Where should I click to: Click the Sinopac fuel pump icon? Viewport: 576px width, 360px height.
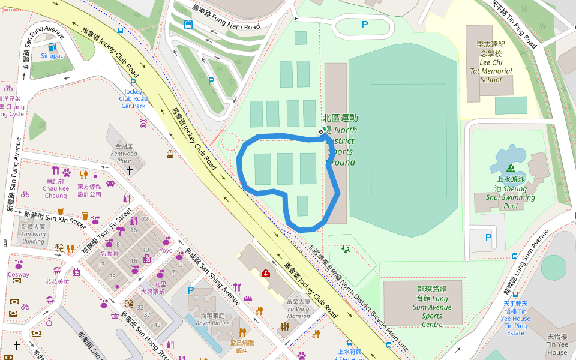point(51,46)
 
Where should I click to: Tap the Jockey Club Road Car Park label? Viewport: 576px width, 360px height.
point(133,98)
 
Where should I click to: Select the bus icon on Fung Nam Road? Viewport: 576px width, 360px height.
point(188,25)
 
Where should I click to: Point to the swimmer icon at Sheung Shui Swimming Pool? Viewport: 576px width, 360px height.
point(511,167)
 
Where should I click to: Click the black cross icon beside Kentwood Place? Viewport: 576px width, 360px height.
point(130,170)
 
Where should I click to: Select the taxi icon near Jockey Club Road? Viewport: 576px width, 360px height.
point(170,154)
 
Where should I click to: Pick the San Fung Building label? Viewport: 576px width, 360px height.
point(33,234)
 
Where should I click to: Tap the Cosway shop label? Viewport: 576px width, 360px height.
point(18,275)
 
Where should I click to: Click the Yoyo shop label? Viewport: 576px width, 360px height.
point(166,251)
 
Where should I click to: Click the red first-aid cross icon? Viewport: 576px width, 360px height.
point(265,273)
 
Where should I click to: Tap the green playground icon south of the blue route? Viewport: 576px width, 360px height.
point(345,248)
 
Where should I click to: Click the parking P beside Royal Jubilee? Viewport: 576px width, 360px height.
point(191,290)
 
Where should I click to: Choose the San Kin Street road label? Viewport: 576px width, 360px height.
point(55,217)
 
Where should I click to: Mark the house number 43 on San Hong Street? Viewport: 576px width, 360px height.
point(157,325)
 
